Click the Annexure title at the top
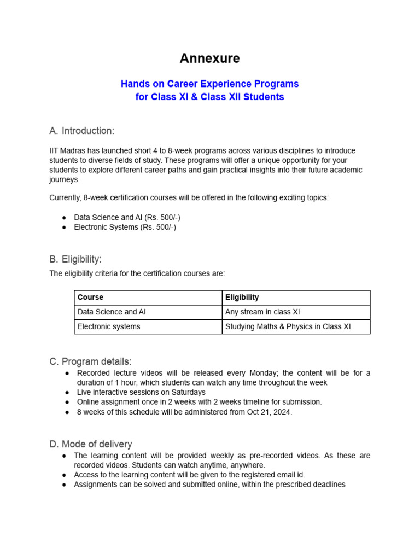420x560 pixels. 210,58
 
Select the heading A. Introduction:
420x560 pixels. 81,131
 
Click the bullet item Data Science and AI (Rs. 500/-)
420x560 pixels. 127,217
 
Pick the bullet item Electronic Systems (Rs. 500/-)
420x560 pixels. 125,227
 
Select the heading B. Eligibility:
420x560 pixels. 75,259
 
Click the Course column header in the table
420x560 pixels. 90,297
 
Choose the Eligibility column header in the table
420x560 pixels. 242,297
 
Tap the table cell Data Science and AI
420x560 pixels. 112,312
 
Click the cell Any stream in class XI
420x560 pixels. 262,312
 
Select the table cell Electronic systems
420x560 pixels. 109,326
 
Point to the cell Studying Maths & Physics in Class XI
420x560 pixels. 288,326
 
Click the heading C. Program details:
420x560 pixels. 90,361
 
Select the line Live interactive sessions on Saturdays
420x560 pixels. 139,392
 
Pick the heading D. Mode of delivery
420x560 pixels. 90,444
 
